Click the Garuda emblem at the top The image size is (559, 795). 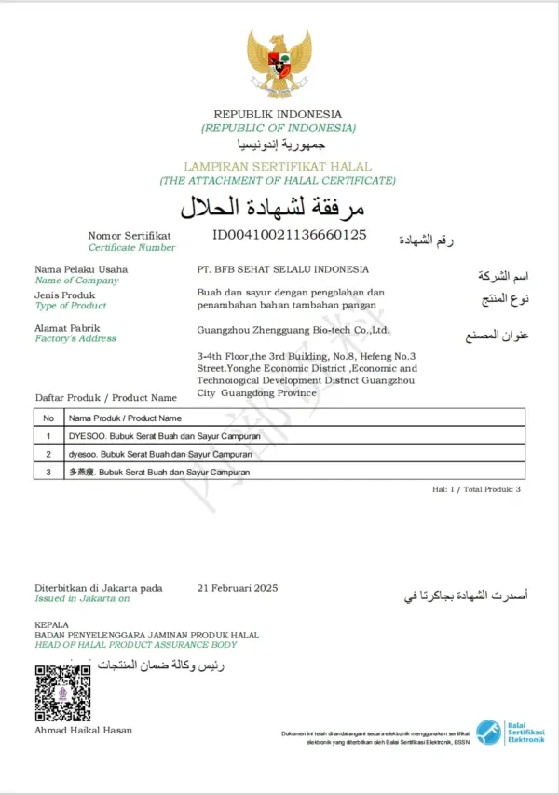[279, 62]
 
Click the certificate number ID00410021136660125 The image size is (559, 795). [289, 234]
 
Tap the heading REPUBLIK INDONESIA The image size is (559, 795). [278, 115]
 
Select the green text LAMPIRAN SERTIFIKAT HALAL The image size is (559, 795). [278, 166]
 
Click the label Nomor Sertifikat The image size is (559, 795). [130, 236]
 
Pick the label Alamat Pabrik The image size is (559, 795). [67, 328]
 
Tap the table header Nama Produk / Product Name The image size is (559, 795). [125, 418]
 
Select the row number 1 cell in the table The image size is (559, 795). [48, 436]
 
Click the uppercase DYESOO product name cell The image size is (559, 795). [165, 436]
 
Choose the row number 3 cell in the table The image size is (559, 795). [48, 473]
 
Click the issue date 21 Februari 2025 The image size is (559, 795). [238, 588]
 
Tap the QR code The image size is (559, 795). [62, 692]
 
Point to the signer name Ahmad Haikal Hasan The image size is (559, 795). [84, 730]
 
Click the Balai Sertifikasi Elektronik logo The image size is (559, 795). [510, 733]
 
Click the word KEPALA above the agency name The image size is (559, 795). [52, 624]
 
